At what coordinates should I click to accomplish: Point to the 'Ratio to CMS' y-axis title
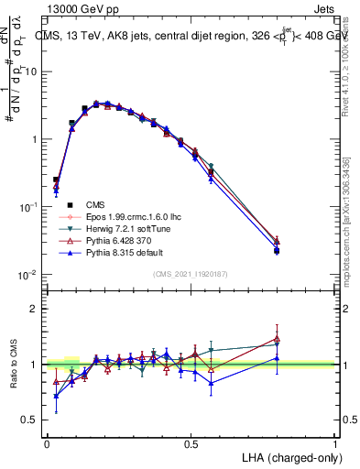tap(13, 365)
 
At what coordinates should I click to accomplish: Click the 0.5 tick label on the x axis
tap(191, 443)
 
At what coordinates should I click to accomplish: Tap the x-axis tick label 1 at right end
tap(335, 443)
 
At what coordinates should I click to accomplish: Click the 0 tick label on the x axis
tap(47, 443)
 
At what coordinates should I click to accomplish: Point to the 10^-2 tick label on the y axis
tap(29, 275)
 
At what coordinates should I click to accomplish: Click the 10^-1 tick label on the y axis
tap(29, 207)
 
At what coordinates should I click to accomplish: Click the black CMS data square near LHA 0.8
tap(278, 250)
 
